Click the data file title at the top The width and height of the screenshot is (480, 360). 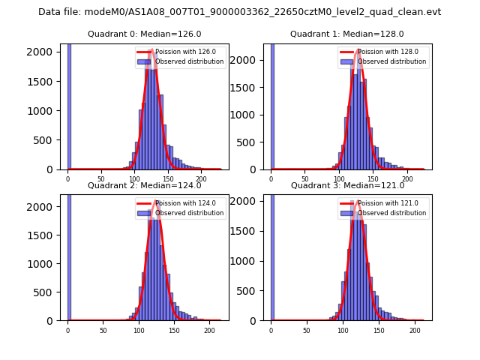[x=239, y=12]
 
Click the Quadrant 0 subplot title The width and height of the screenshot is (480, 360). [x=145, y=34]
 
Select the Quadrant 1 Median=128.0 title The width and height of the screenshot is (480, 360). [x=347, y=34]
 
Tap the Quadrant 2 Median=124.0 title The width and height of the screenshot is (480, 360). [x=145, y=185]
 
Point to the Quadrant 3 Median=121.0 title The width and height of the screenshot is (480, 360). [x=347, y=185]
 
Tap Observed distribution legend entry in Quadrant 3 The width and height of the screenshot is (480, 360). [x=391, y=213]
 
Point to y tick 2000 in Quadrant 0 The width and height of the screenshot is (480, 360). [x=43, y=53]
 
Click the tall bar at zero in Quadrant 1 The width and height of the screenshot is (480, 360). [x=272, y=105]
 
